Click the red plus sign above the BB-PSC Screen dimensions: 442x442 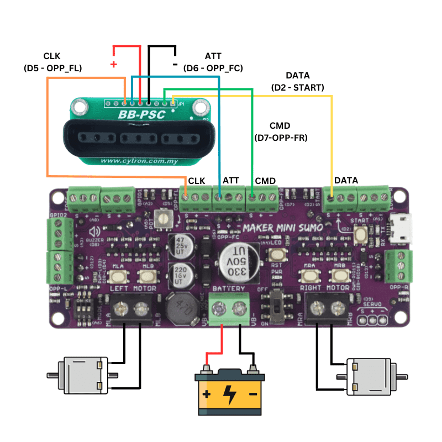coord(114,64)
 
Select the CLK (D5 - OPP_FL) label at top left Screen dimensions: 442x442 coord(52,62)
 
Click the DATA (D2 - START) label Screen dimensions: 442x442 coord(298,81)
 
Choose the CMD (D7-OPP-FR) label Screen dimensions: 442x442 coord(280,131)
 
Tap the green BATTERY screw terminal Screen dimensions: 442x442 coord(229,308)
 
